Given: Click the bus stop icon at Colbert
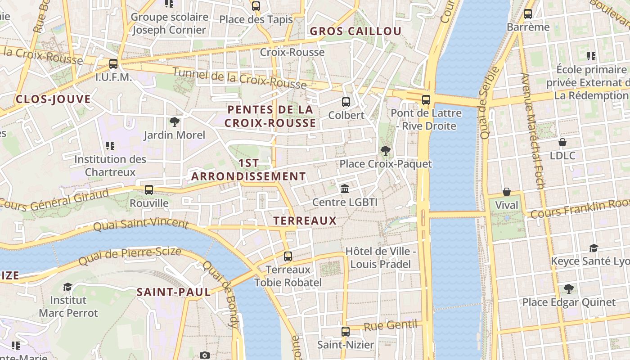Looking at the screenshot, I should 346,102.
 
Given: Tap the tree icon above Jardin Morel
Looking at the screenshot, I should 174,121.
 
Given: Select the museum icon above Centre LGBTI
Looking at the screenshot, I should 345,189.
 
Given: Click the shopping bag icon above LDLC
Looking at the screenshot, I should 562,142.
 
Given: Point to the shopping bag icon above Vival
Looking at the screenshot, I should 507,192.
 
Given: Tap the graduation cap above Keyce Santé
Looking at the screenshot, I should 594,248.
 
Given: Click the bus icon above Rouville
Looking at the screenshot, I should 149,190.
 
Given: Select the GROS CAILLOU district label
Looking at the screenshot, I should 355,31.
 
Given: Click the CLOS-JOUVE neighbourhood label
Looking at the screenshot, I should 53,99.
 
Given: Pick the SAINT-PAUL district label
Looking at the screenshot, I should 174,292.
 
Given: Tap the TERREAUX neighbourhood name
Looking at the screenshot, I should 305,220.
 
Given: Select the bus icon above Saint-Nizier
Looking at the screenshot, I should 345,332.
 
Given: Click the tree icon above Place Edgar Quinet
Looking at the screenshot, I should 568,288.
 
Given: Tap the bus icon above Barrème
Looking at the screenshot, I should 528,14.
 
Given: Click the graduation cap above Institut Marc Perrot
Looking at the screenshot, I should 67,287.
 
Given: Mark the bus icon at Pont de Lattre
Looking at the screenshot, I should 426,100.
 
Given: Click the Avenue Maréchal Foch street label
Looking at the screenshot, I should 533,130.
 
